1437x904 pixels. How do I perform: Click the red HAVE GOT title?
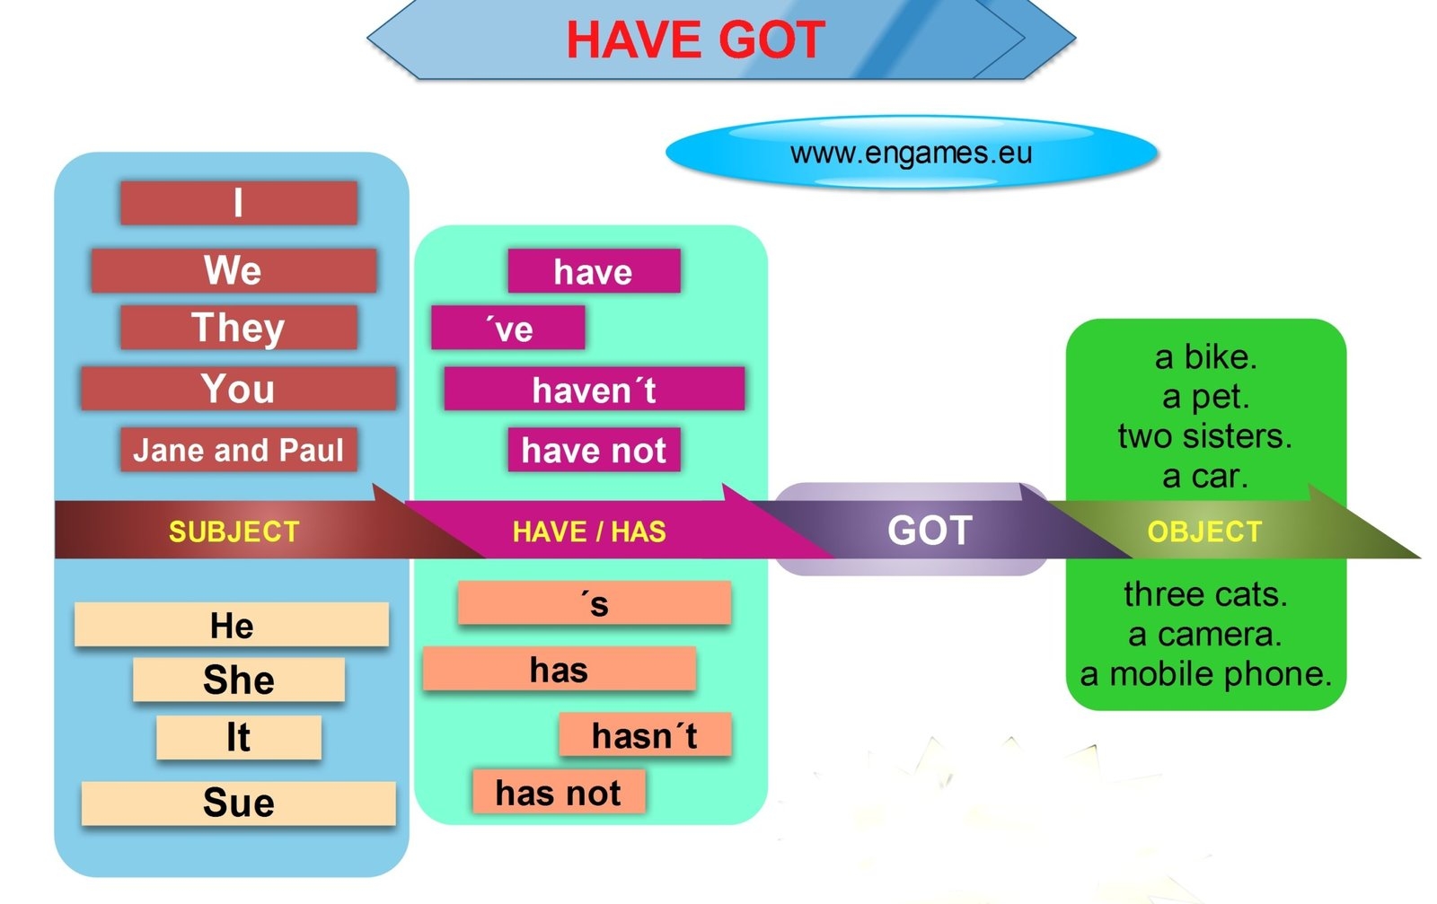point(695,40)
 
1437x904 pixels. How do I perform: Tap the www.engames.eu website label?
point(911,153)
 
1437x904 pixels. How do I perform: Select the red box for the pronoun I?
point(238,203)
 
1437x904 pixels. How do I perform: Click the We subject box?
point(234,270)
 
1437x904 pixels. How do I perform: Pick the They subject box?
point(238,328)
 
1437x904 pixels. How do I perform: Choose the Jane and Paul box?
point(238,450)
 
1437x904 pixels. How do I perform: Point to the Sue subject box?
point(238,803)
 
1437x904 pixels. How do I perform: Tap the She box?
point(238,680)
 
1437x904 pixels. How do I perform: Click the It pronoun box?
point(238,737)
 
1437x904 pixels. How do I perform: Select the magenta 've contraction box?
point(508,329)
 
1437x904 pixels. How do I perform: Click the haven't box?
point(594,390)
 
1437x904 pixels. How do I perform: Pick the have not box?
point(594,450)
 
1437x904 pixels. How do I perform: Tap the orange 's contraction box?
point(594,603)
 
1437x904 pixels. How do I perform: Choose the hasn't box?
point(644,735)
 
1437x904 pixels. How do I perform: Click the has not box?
point(558,793)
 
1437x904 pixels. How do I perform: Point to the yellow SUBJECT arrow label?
point(234,531)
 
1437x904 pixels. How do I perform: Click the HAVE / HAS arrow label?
point(589,531)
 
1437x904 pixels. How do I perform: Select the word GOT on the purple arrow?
point(930,531)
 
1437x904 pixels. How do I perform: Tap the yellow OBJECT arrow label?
point(1204,531)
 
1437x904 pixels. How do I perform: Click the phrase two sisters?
point(1204,436)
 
